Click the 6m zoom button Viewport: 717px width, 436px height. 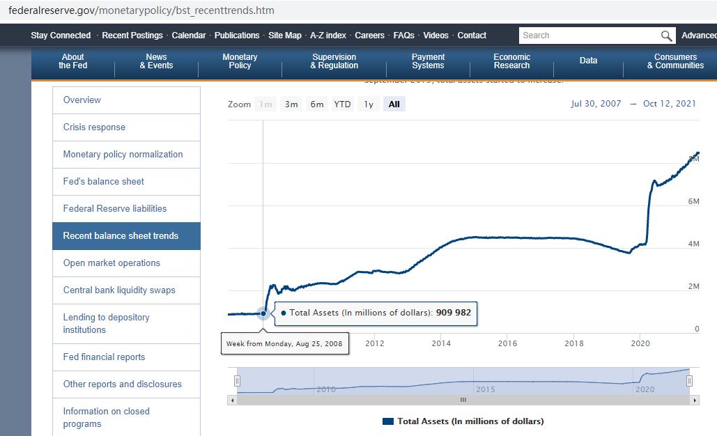[317, 104]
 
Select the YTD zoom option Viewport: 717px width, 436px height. [342, 104]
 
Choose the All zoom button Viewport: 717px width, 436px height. [394, 104]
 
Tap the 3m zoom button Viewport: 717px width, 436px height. [291, 104]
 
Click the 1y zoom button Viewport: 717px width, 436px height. [369, 104]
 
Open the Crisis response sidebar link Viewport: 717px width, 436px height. [94, 127]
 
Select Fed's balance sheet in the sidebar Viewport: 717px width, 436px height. [103, 182]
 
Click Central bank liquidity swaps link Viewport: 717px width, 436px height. [119, 290]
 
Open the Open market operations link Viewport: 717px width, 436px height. [111, 263]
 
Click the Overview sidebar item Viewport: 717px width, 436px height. [82, 100]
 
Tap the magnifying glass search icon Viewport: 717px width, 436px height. [667, 36]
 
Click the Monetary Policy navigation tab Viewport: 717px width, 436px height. [240, 61]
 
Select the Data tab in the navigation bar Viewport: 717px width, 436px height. [588, 61]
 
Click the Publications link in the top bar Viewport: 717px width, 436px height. [237, 36]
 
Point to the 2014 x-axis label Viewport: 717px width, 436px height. [441, 343]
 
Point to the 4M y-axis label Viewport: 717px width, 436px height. [693, 244]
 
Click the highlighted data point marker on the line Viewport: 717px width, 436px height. [263, 313]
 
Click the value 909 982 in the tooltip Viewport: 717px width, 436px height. [454, 313]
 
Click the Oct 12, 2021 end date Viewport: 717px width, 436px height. [669, 104]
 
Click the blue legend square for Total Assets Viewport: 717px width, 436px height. [388, 421]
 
